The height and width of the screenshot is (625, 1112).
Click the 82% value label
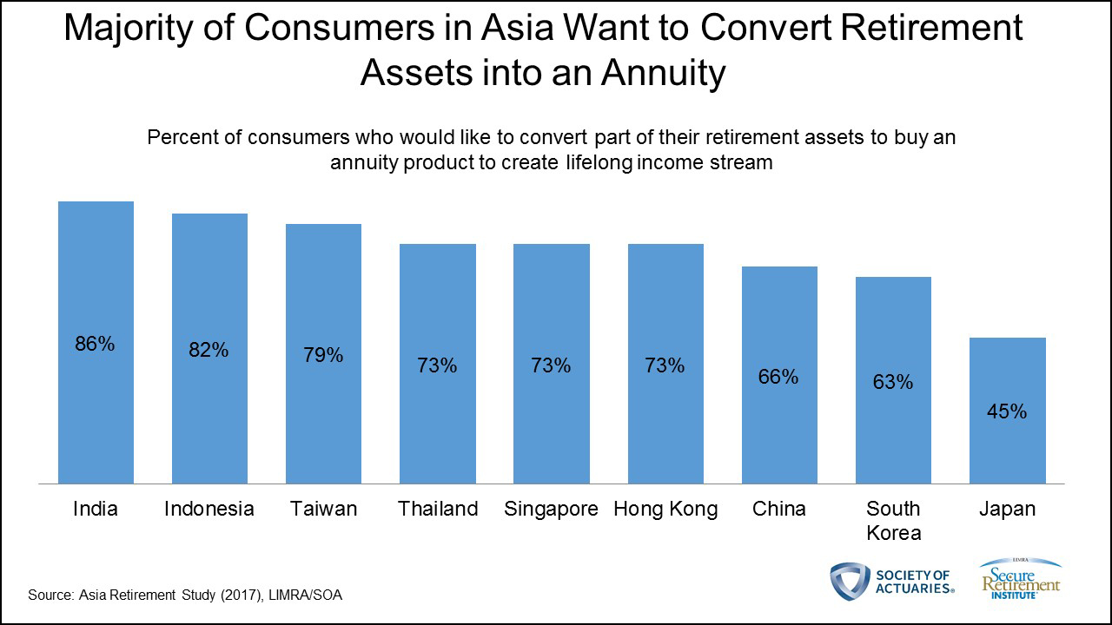(x=209, y=350)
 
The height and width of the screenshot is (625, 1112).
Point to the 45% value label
(x=1007, y=411)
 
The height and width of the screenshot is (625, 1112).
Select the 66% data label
(x=778, y=377)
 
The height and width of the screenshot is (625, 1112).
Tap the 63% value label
(x=893, y=381)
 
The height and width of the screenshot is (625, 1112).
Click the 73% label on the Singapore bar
(x=551, y=365)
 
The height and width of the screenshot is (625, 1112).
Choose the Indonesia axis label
(x=209, y=509)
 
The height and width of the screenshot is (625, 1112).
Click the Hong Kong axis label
(x=665, y=509)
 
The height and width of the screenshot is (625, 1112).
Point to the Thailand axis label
(x=438, y=509)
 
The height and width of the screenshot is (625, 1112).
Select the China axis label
(x=779, y=509)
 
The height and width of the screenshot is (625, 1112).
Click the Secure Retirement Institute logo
(x=1021, y=580)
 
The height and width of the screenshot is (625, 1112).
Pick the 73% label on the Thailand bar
(x=437, y=365)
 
